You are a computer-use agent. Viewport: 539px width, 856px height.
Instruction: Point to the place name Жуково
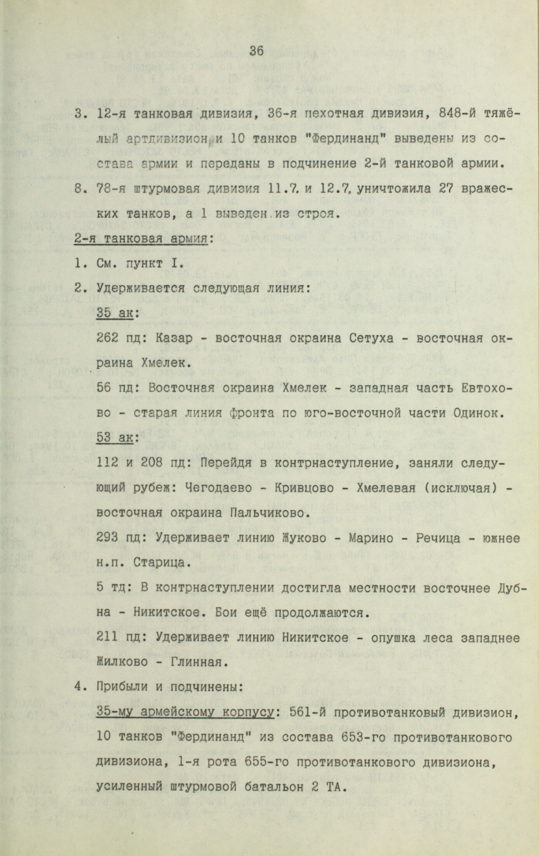266,538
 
